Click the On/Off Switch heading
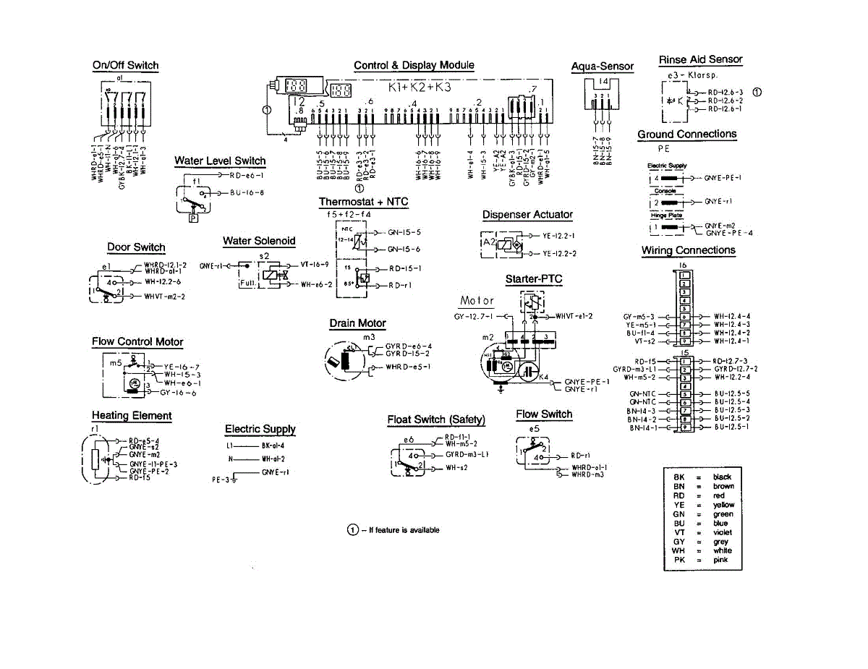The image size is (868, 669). (125, 65)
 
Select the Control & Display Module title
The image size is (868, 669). (414, 65)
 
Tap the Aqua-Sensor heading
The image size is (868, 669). (603, 67)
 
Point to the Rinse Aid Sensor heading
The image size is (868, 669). (700, 59)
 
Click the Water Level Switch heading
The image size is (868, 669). (220, 161)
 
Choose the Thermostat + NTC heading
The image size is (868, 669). (364, 202)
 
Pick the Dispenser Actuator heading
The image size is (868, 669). (527, 215)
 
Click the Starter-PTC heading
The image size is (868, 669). (533, 279)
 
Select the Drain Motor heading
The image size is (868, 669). (357, 323)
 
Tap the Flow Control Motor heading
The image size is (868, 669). (137, 341)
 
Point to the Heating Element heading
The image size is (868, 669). (132, 415)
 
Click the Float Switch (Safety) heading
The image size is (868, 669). (436, 419)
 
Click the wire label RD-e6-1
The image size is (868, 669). (247, 176)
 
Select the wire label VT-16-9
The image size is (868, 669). (315, 265)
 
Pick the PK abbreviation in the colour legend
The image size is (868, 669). (678, 560)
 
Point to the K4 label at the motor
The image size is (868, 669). (544, 376)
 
